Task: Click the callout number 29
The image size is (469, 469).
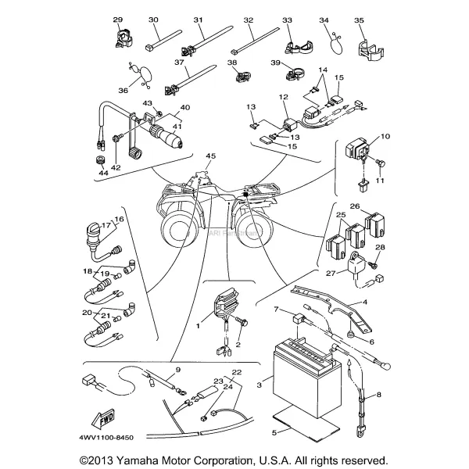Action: coord(118,19)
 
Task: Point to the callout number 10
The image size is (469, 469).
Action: coord(385,137)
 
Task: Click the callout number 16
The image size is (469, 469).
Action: coord(119,219)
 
